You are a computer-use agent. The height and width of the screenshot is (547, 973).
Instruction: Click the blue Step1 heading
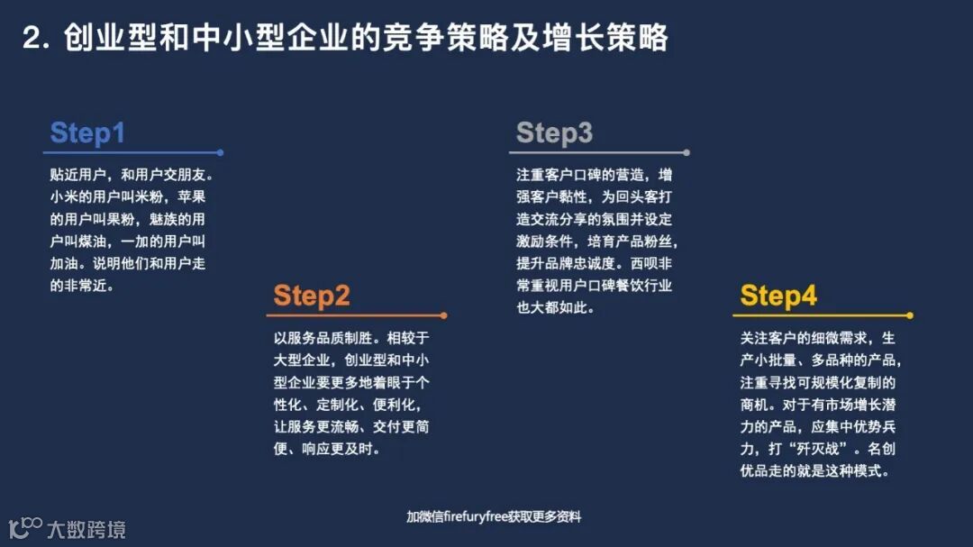pos(87,133)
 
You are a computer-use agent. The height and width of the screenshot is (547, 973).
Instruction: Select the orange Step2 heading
pos(312,296)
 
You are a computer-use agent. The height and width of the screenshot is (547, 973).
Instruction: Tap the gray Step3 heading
pos(554,133)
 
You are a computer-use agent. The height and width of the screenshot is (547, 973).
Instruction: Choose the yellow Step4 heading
pos(778,296)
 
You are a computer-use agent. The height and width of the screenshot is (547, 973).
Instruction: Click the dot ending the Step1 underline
pos(221,153)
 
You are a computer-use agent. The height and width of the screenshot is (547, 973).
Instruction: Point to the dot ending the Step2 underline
pos(444,315)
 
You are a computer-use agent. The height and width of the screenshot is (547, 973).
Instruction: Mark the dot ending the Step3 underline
pos(687,153)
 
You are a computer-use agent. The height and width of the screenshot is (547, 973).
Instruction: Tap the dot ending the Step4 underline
pos(910,315)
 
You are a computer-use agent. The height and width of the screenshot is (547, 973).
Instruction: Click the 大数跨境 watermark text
pos(86,529)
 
